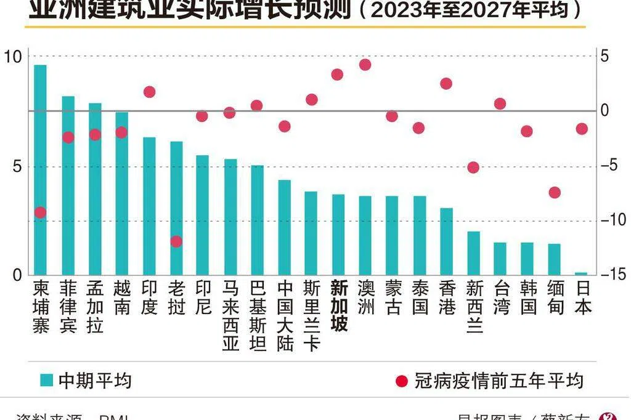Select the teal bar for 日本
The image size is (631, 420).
pos(581,273)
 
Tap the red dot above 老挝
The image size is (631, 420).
pos(176,241)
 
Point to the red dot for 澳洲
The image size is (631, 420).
pos(365,65)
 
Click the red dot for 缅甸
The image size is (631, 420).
pos(555,192)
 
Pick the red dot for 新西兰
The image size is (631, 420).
pos(473,167)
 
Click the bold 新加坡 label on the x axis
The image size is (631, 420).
pos(339,305)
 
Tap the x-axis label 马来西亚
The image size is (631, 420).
pos(230,315)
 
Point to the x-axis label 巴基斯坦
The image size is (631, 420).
pos(258,315)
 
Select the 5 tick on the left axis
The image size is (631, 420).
pos(16,166)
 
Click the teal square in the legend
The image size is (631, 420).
pos(46,380)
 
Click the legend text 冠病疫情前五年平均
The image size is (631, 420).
pos(499,381)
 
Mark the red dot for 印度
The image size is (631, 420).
pos(149,92)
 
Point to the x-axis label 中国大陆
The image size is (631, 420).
pos(285,315)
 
